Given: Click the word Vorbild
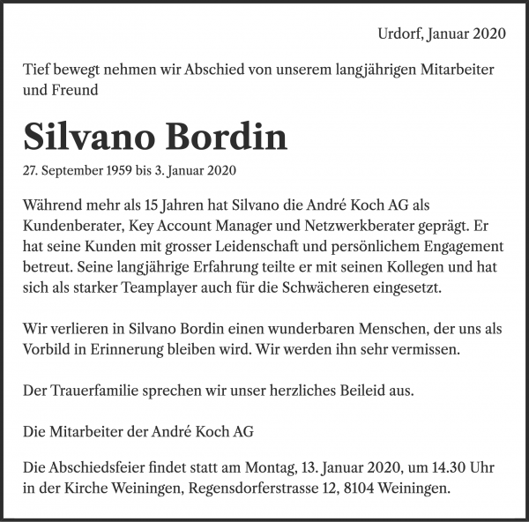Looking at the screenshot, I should point(49,349).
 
